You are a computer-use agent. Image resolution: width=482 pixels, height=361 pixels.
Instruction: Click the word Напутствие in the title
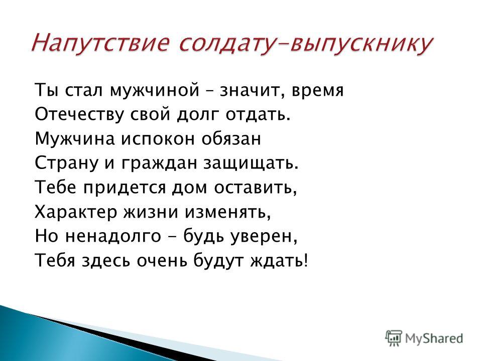101,43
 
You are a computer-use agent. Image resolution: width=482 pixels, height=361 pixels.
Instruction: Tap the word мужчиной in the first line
154,91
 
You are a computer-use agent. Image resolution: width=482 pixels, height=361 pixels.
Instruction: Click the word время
317,91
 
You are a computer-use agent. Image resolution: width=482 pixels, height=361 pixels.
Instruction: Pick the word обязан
231,138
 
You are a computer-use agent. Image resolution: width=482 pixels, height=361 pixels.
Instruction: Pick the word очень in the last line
162,261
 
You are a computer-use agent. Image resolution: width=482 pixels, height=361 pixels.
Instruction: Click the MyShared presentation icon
394,338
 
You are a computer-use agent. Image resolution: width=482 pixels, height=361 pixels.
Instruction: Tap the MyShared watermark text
434,338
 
